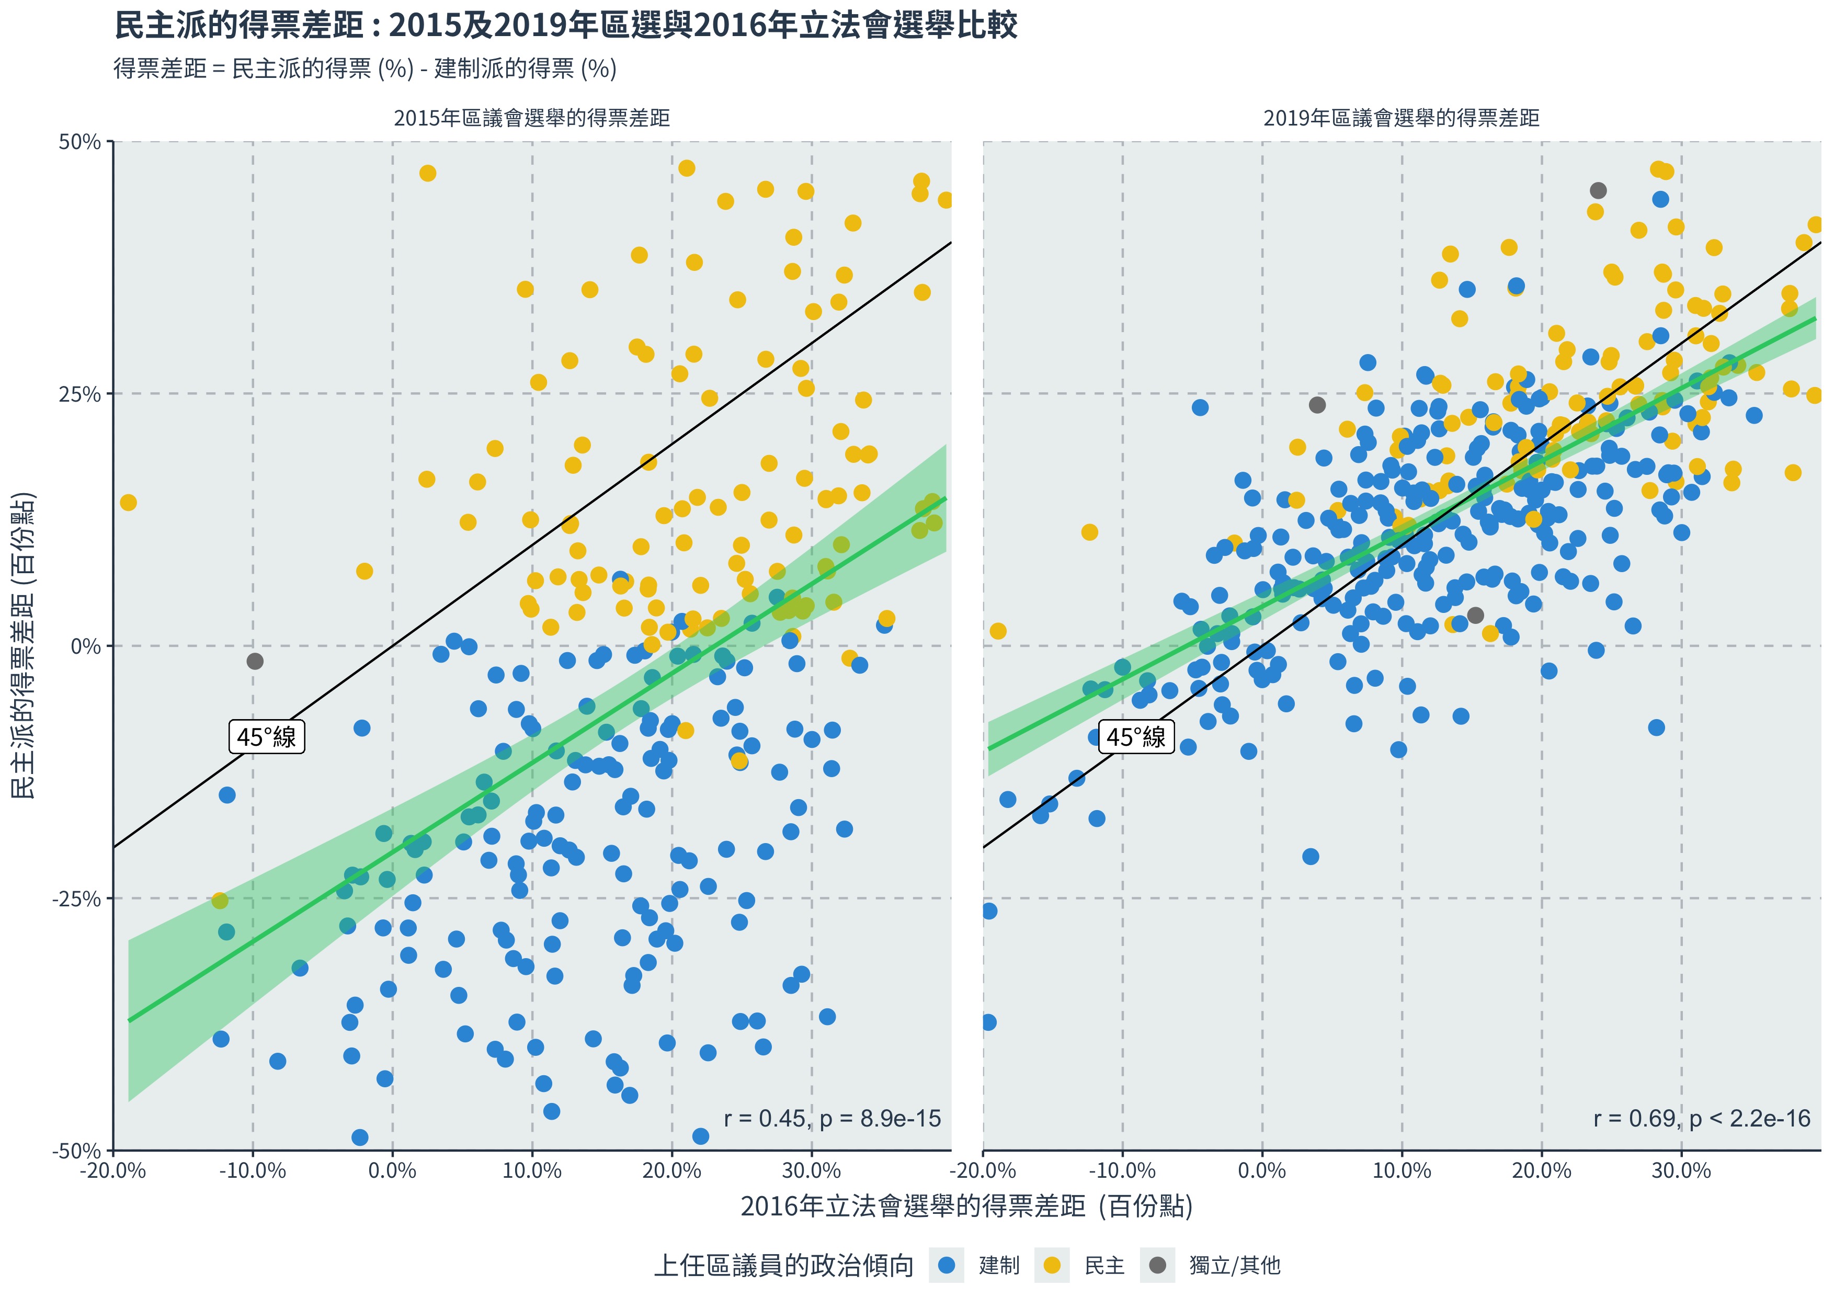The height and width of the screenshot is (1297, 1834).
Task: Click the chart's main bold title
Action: [565, 26]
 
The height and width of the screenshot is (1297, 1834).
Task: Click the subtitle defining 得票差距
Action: [365, 69]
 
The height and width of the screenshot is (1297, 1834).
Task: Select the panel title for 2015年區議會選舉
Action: [531, 118]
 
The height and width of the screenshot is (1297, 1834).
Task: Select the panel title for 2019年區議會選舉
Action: [1401, 118]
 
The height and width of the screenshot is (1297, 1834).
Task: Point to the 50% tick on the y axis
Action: [80, 142]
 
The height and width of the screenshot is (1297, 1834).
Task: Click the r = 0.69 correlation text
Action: [1701, 1118]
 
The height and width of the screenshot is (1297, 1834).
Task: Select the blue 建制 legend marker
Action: [947, 1265]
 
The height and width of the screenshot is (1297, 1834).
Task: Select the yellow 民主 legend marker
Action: [1052, 1265]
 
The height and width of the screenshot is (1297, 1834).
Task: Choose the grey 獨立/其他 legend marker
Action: [1157, 1265]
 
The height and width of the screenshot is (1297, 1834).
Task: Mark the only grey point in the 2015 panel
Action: [255, 661]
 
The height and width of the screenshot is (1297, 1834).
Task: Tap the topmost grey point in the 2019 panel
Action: [1598, 190]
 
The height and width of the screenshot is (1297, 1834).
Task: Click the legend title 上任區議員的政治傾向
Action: [783, 1265]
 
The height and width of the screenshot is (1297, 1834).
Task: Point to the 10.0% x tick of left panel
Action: [532, 1171]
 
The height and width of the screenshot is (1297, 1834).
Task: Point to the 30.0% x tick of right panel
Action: [1681, 1171]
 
